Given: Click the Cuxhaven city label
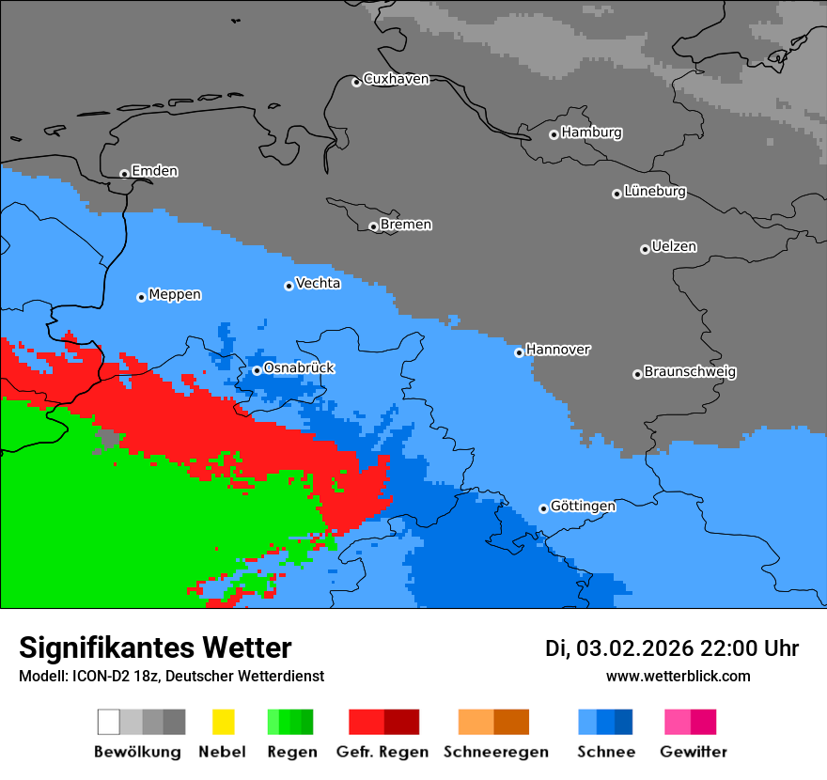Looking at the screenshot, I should point(396,80).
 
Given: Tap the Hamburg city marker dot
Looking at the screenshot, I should point(554,134).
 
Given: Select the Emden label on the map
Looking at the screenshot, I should point(154,171).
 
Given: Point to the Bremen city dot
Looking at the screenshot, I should point(373,226).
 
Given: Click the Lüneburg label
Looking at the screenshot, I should point(655,192).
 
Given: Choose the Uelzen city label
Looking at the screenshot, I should point(674,247).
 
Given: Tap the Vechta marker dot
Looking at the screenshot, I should point(289,286).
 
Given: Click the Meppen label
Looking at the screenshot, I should point(175,295).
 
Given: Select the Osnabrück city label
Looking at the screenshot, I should point(299,368).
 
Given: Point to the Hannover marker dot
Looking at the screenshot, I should point(519,353).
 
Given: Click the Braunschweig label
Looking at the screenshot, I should point(690,372).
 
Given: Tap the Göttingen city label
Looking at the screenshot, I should point(583,507).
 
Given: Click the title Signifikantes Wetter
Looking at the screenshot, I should point(155,648).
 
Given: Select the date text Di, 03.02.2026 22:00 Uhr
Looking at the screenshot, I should point(672,648).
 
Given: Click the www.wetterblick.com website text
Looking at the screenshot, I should point(678,677).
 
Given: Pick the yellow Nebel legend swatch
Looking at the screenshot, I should point(223,722).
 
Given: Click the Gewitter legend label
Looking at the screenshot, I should point(693,752).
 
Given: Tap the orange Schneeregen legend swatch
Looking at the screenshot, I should point(476,722).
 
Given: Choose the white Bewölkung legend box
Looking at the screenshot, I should point(108,722).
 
